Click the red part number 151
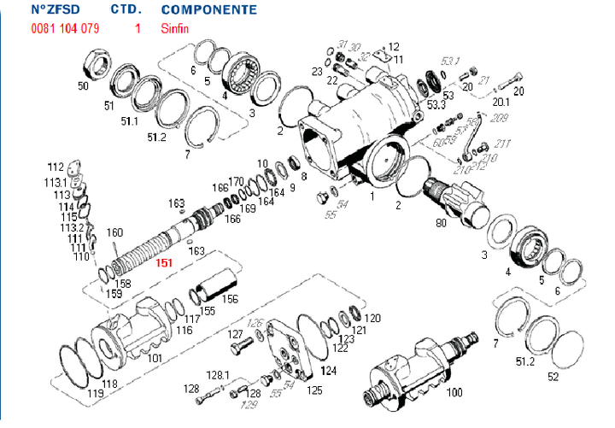pos(165,263)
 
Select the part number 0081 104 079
pos(64,28)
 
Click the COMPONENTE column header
pos(208,10)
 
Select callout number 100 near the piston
pos(454,392)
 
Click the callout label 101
pos(154,358)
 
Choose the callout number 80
pos(442,224)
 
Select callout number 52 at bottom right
pos(553,376)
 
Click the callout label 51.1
pos(129,121)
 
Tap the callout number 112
pos(56,167)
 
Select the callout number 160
pos(114,232)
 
